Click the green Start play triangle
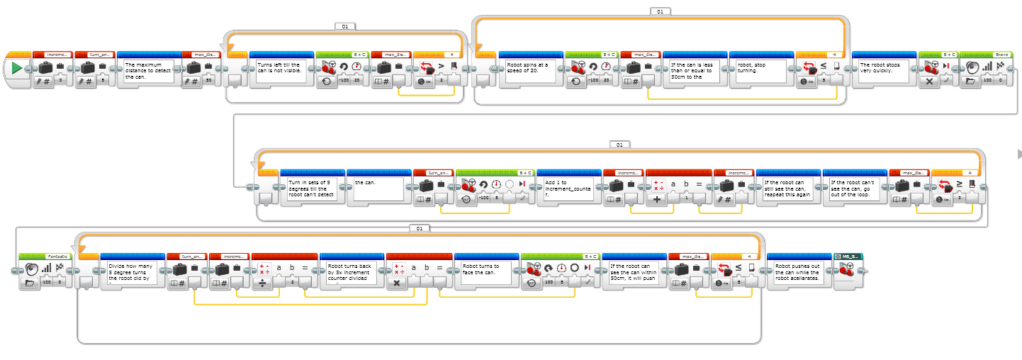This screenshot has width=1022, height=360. point(16,69)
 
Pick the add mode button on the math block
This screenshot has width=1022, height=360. point(657,201)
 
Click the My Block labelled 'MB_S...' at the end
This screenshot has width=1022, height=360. point(849,272)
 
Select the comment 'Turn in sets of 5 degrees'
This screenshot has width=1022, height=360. point(312,189)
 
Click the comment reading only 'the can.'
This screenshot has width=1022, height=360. point(378,189)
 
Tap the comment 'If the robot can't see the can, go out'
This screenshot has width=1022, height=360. point(854,189)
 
